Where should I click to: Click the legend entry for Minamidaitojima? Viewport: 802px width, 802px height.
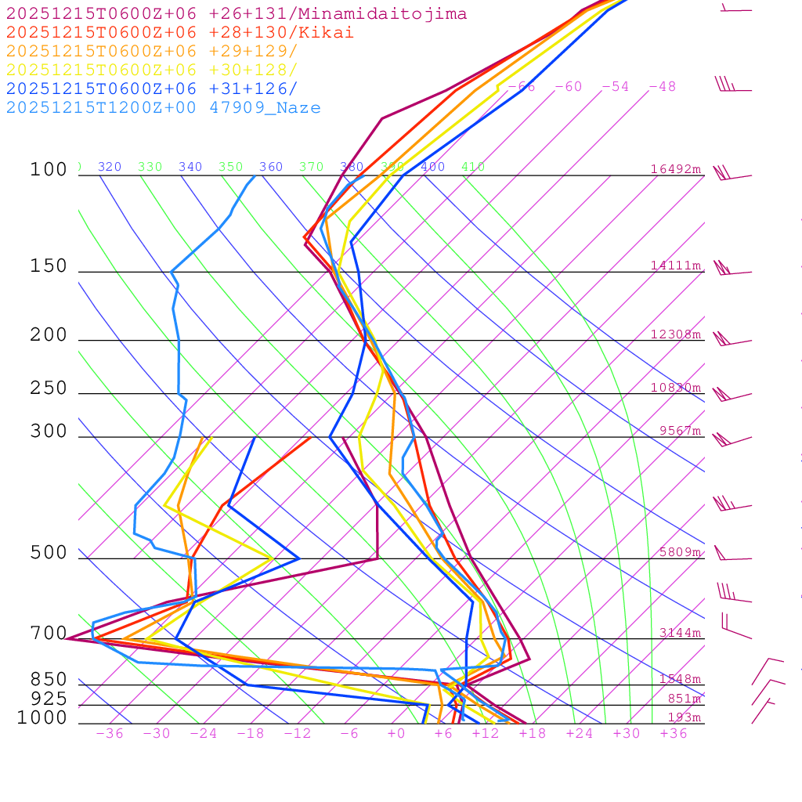coord(237,14)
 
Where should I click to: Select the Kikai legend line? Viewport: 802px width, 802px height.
coord(180,33)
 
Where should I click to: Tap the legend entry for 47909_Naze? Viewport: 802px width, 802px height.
coord(164,108)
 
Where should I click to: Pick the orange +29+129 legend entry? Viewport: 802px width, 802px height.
coord(152,52)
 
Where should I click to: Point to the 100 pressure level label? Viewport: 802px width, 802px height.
coord(49,170)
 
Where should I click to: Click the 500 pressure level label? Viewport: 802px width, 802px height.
coord(49,554)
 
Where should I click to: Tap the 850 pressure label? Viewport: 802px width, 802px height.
coord(49,680)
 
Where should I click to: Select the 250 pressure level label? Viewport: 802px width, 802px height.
coord(49,388)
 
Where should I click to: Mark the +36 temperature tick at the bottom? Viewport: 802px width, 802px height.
coord(673,734)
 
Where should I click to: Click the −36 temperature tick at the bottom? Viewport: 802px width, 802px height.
coord(109,734)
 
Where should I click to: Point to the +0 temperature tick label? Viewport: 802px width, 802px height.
coord(396,734)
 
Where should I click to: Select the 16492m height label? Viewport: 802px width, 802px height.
coord(676,169)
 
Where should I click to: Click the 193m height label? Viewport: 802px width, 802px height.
coord(684,717)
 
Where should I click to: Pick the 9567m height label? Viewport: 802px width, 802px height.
coord(680,431)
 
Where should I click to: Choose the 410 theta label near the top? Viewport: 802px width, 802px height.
coord(473,167)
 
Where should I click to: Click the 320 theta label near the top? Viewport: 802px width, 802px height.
coord(110,167)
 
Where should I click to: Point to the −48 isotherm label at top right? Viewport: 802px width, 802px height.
coord(662,87)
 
